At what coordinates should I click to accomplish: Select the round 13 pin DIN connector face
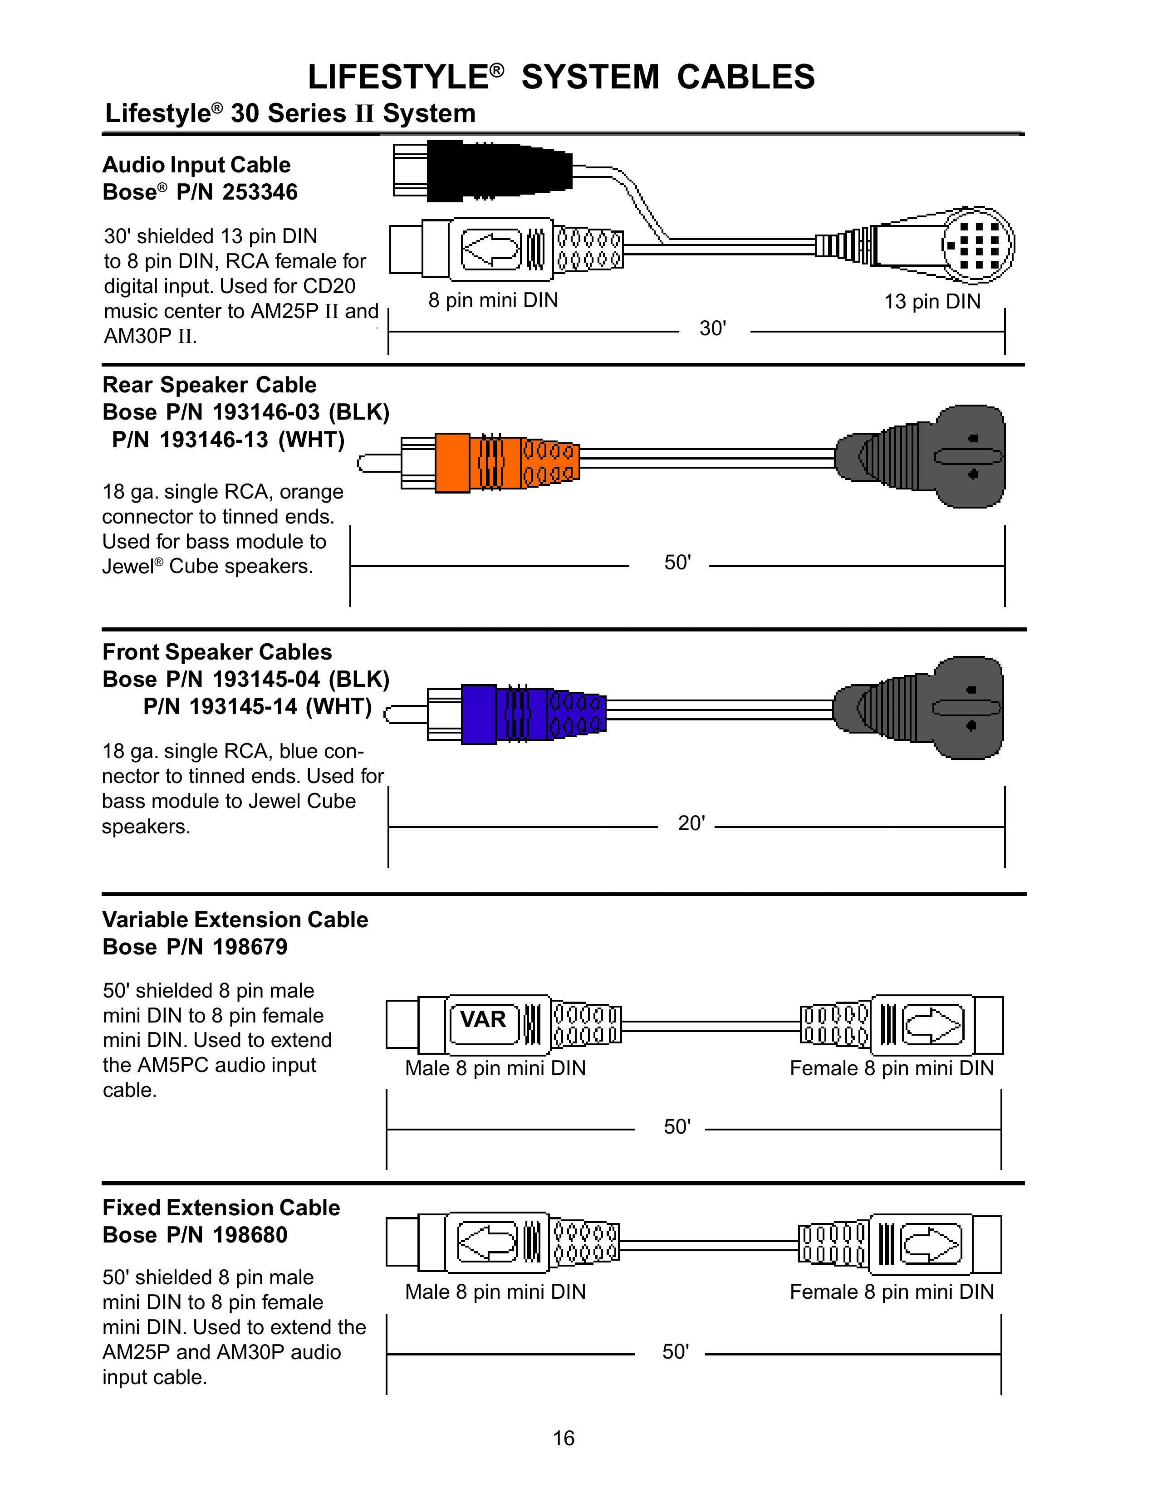click(977, 245)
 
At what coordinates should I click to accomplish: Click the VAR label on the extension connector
click(483, 1019)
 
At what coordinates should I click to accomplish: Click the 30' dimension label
click(713, 329)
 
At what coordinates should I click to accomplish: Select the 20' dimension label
click(691, 823)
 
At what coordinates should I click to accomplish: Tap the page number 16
click(564, 1438)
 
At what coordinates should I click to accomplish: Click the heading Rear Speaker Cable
click(209, 385)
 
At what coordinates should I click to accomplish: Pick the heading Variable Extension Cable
click(235, 920)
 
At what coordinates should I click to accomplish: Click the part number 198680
click(250, 1235)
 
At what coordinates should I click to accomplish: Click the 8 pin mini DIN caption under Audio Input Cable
click(493, 300)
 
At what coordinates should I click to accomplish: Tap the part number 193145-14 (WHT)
click(257, 707)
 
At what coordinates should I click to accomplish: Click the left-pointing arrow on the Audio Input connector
click(490, 248)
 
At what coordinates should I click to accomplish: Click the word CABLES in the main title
click(746, 77)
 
